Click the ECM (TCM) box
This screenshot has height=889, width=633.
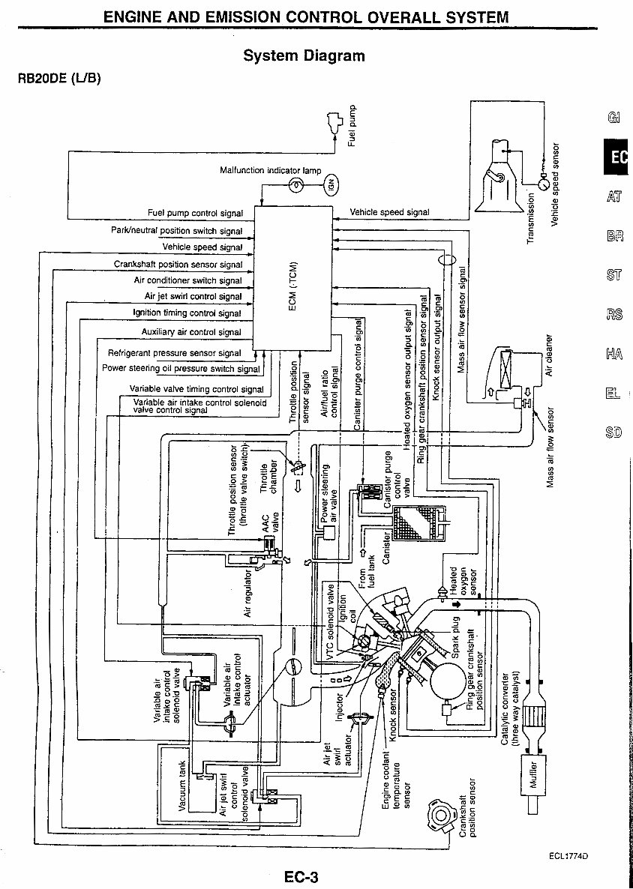(x=292, y=277)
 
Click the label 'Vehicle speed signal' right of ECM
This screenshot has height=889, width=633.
(x=390, y=212)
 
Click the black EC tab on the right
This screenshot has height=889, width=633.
(x=616, y=157)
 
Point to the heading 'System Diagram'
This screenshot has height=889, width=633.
(x=304, y=55)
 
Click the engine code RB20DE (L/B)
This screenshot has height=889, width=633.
(x=59, y=78)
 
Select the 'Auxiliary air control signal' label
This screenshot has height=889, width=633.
(x=191, y=331)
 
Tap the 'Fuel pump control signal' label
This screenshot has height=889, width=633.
(x=195, y=213)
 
